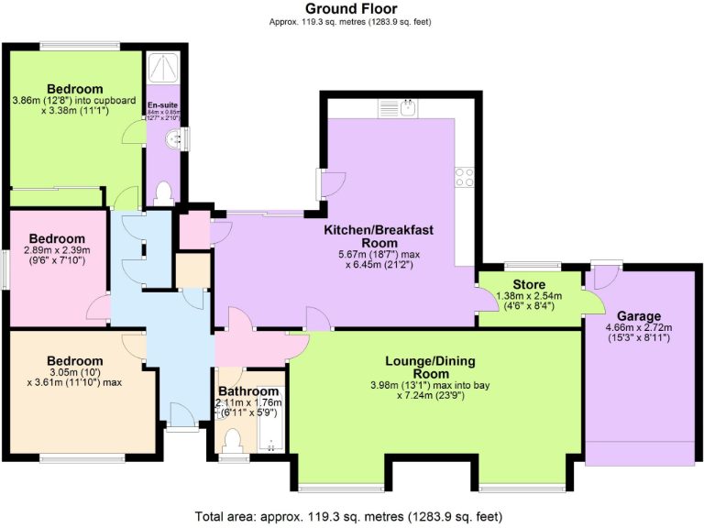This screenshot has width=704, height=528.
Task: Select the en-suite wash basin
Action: (x=173, y=138)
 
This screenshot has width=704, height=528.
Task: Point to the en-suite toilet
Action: (x=164, y=192)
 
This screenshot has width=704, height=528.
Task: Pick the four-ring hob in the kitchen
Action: (x=464, y=178)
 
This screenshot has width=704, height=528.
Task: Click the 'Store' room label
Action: (x=530, y=284)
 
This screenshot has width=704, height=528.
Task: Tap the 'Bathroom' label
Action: (x=247, y=391)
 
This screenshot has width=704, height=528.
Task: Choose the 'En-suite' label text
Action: (x=162, y=105)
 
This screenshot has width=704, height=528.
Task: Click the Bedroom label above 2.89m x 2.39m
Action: (x=54, y=239)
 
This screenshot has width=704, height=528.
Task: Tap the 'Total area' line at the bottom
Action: (x=351, y=516)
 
